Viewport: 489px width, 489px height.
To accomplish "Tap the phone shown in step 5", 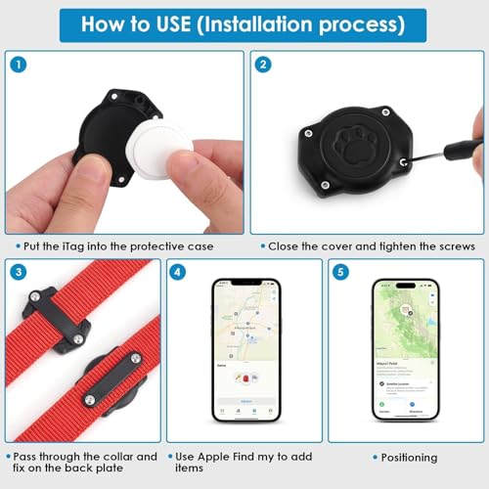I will (x=405, y=351).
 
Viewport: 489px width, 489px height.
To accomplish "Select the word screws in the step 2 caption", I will (x=453, y=245).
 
